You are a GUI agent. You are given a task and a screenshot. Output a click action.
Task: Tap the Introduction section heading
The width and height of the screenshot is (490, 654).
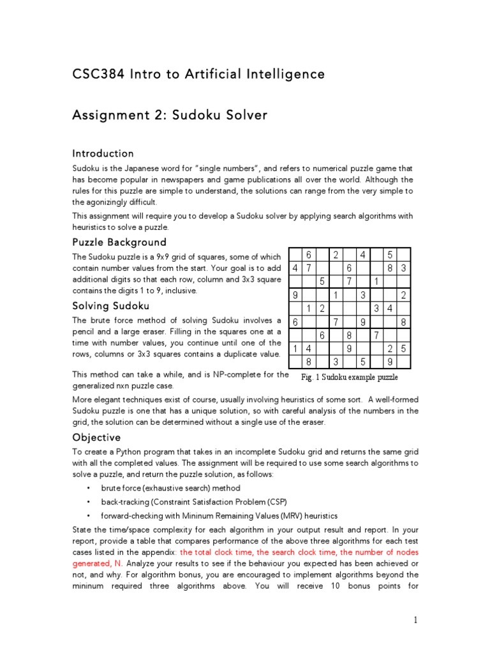[103, 153]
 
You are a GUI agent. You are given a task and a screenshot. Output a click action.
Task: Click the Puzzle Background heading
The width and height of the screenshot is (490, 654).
[119, 242]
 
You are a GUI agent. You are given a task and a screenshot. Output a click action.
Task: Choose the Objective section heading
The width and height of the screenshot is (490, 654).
[96, 437]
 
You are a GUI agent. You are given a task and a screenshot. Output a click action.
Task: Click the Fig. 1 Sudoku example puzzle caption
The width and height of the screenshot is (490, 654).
[349, 377]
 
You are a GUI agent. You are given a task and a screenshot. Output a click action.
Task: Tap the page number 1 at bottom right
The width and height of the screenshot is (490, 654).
[415, 620]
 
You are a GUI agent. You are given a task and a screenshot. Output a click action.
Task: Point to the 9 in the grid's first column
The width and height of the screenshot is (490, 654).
[294, 295]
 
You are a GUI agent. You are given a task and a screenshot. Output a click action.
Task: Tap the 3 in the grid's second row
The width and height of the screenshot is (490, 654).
[403, 268]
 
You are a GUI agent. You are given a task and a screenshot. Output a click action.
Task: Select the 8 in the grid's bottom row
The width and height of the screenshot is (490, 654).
[308, 362]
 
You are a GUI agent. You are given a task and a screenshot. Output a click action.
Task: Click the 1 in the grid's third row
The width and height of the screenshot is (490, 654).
[376, 282]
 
